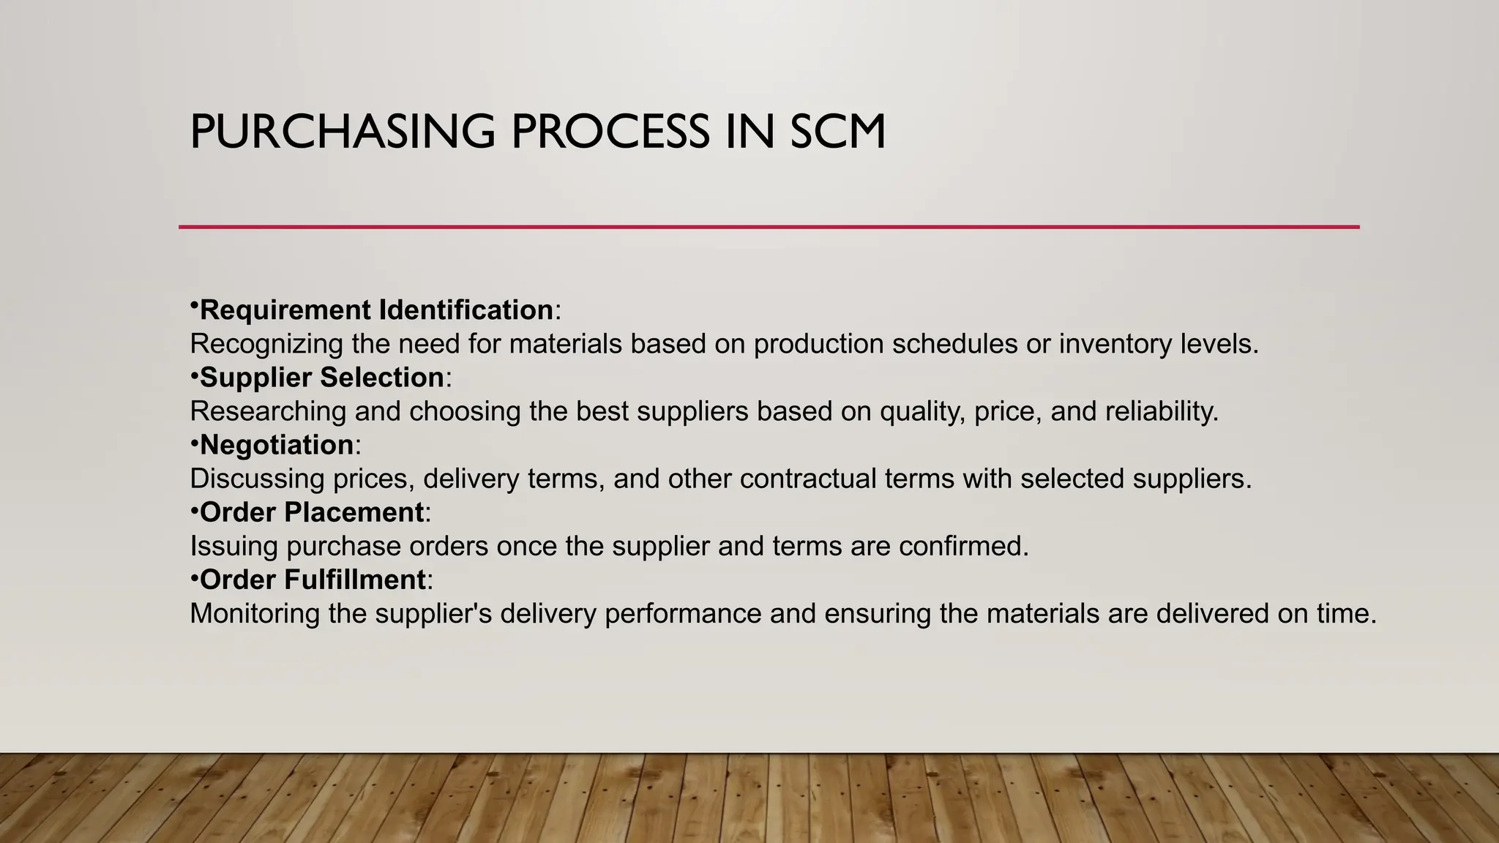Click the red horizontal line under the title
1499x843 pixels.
pyautogui.click(x=769, y=227)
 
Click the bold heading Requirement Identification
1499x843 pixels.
pyautogui.click(x=376, y=310)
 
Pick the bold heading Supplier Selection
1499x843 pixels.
pyautogui.click(x=322, y=378)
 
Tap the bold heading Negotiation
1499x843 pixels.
pyautogui.click(x=277, y=445)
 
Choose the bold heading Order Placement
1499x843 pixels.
pyautogui.click(x=312, y=512)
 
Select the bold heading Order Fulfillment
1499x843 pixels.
pyautogui.click(x=313, y=580)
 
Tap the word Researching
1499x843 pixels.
pyautogui.click(x=268, y=411)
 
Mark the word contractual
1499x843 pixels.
pyautogui.click(x=807, y=479)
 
